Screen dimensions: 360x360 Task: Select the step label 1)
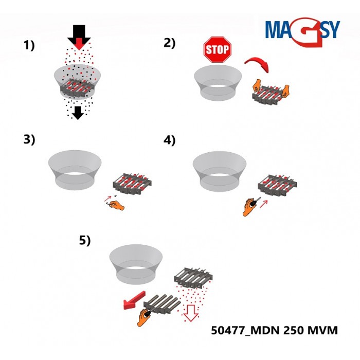point(29,45)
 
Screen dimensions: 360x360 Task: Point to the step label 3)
point(29,139)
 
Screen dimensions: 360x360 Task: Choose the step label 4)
point(170,139)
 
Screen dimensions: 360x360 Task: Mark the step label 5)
point(84,240)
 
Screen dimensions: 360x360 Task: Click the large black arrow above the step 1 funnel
point(78,36)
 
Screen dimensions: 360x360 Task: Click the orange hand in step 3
point(117,205)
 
